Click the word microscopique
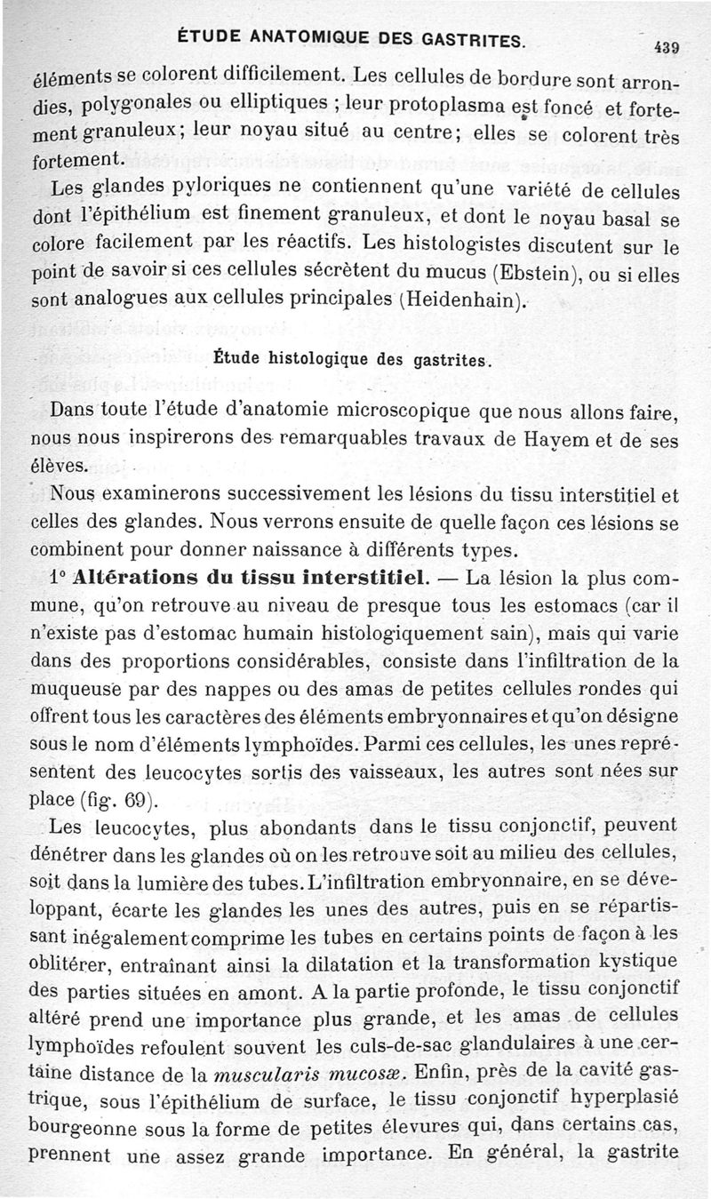(x=406, y=412)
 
